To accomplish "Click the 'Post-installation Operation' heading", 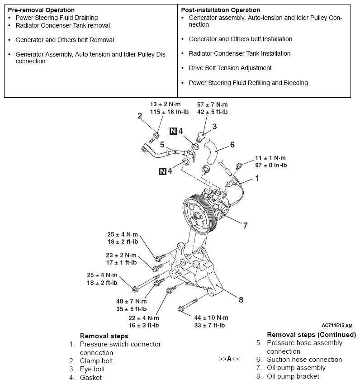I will (220, 10).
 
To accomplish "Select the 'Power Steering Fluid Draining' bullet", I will (57, 18).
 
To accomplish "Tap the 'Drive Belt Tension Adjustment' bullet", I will (230, 68).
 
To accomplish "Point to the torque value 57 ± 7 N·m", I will (212, 104).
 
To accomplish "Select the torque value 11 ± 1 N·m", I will (270, 158).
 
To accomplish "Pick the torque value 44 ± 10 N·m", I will (211, 318).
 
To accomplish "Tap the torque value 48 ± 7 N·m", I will (132, 302).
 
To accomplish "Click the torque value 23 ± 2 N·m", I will (121, 255).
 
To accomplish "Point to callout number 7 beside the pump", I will (245, 225).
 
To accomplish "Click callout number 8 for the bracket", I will (241, 299).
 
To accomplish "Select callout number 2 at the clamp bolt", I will (140, 116).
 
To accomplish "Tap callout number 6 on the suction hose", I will (232, 145).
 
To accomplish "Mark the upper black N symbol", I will (173, 132).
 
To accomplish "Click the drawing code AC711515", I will (333, 325).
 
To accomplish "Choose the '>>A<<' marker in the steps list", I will (229, 359).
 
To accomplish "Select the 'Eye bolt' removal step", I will (92, 369).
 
